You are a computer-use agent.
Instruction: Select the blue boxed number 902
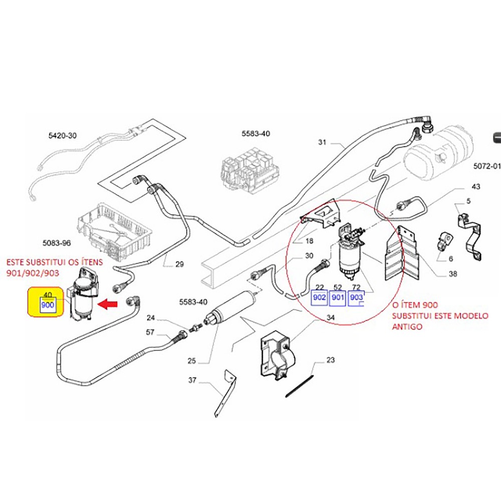point(319,297)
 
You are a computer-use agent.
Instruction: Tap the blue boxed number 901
point(338,297)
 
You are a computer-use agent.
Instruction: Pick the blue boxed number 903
point(356,297)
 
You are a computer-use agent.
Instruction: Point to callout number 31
point(322,142)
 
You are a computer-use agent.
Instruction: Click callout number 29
point(180,264)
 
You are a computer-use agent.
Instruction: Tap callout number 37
point(192,380)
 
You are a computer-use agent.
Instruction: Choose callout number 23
point(331,360)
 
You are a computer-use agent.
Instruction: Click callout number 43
point(475,187)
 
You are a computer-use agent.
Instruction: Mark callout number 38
point(439,275)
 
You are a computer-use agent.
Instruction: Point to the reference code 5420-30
point(63,136)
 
